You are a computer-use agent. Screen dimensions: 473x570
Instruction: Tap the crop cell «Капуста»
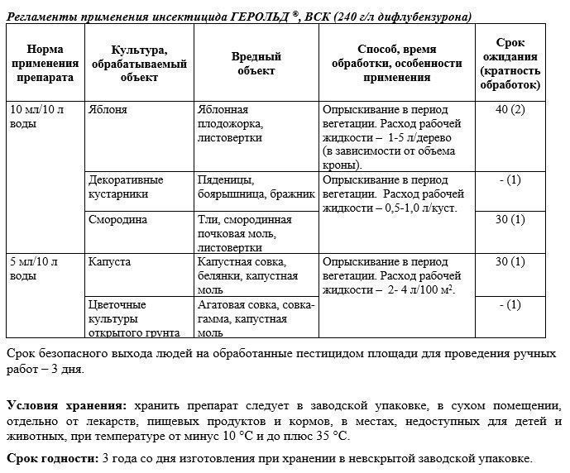[108, 262]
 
